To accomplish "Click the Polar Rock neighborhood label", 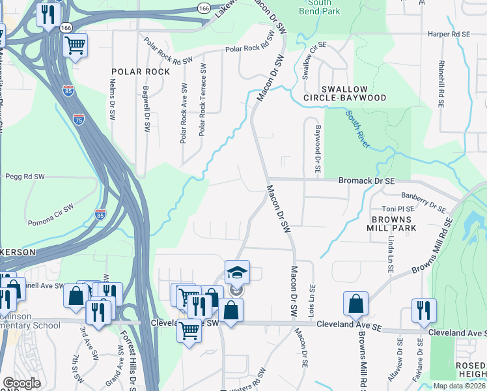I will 141,72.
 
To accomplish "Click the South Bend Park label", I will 319,7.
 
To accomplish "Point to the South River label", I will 359,129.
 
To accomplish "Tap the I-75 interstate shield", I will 78,119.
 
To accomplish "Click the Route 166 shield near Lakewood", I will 204,8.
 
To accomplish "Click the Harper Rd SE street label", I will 449,33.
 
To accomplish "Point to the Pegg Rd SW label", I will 25,176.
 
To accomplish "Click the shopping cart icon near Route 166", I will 76,46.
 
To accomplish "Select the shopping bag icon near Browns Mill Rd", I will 356,303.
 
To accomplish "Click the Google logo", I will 21,383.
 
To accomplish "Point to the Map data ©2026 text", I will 459,386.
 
